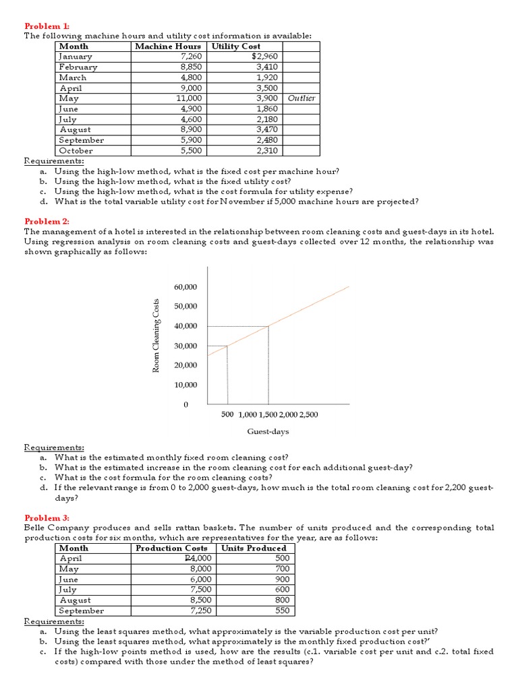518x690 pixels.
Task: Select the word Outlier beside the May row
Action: point(301,98)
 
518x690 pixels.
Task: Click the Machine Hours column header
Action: point(167,46)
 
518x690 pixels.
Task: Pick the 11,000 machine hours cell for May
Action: point(189,98)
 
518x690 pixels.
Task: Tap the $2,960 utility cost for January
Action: point(265,57)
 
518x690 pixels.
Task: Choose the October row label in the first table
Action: point(76,151)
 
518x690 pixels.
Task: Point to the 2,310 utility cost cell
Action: point(267,151)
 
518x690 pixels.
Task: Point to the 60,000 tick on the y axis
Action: point(185,287)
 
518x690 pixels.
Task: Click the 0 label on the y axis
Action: point(186,405)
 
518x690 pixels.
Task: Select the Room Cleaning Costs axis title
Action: point(156,336)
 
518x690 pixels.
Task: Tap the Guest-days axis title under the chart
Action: point(268,432)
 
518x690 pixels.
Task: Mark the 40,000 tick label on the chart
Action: point(185,326)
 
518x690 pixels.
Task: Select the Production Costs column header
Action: point(172,548)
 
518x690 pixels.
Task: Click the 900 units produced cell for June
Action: point(282,579)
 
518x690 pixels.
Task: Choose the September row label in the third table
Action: point(82,610)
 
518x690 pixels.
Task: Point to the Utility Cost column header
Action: point(236,46)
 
